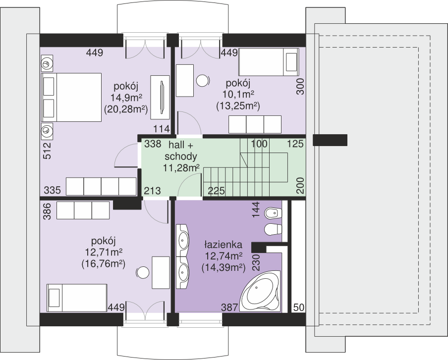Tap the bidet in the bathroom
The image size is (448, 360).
coord(274,213)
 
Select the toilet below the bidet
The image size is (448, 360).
coord(274,230)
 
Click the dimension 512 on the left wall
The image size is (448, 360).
coord(47,151)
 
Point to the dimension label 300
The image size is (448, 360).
coord(300,86)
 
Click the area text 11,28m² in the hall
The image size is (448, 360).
coord(181,168)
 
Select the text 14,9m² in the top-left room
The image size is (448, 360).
coord(126,98)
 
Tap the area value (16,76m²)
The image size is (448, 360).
coord(104,264)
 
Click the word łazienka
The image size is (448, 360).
coord(223,245)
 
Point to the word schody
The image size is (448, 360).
coord(181,156)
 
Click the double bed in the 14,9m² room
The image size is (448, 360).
coord(71,98)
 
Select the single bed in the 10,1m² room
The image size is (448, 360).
coord(269,62)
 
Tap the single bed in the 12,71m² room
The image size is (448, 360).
coord(77,298)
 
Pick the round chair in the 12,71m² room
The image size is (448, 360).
coord(143,273)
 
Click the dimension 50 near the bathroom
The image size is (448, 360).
coord(298,308)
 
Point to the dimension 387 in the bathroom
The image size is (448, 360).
coord(229,307)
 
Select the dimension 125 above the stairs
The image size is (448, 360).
coord(295,144)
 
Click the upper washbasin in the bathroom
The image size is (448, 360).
coord(182,240)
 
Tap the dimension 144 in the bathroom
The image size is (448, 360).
coord(256,209)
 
